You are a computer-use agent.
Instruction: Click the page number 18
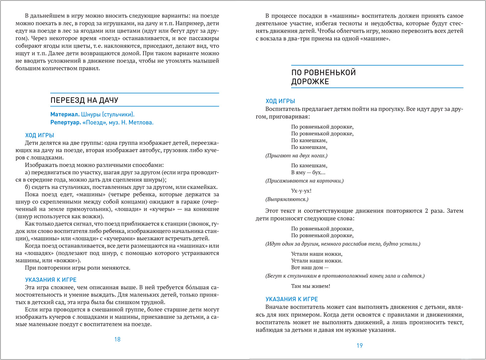coord(117,339)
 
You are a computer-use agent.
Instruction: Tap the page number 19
coord(360,346)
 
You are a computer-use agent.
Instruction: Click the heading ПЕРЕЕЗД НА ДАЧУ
coord(84,100)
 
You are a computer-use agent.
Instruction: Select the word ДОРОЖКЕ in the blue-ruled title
coord(310,82)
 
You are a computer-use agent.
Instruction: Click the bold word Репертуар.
coord(66,122)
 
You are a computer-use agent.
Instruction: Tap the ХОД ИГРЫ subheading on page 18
coord(40,135)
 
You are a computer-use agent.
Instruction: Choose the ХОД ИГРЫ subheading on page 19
coord(280,101)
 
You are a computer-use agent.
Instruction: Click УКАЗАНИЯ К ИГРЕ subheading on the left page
coord(51,280)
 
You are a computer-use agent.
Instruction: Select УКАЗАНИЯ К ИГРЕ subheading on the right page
coord(292,299)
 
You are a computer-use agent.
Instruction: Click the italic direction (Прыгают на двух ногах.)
coord(296,156)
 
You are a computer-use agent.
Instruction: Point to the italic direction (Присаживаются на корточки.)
coord(304,181)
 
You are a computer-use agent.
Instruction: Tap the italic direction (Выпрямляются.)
coord(287,199)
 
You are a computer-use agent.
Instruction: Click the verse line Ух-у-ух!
coord(301,191)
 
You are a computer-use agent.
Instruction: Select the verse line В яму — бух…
coord(308,173)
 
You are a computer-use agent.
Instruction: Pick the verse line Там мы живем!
coord(311,286)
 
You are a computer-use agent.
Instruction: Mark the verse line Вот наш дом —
coord(310,268)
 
